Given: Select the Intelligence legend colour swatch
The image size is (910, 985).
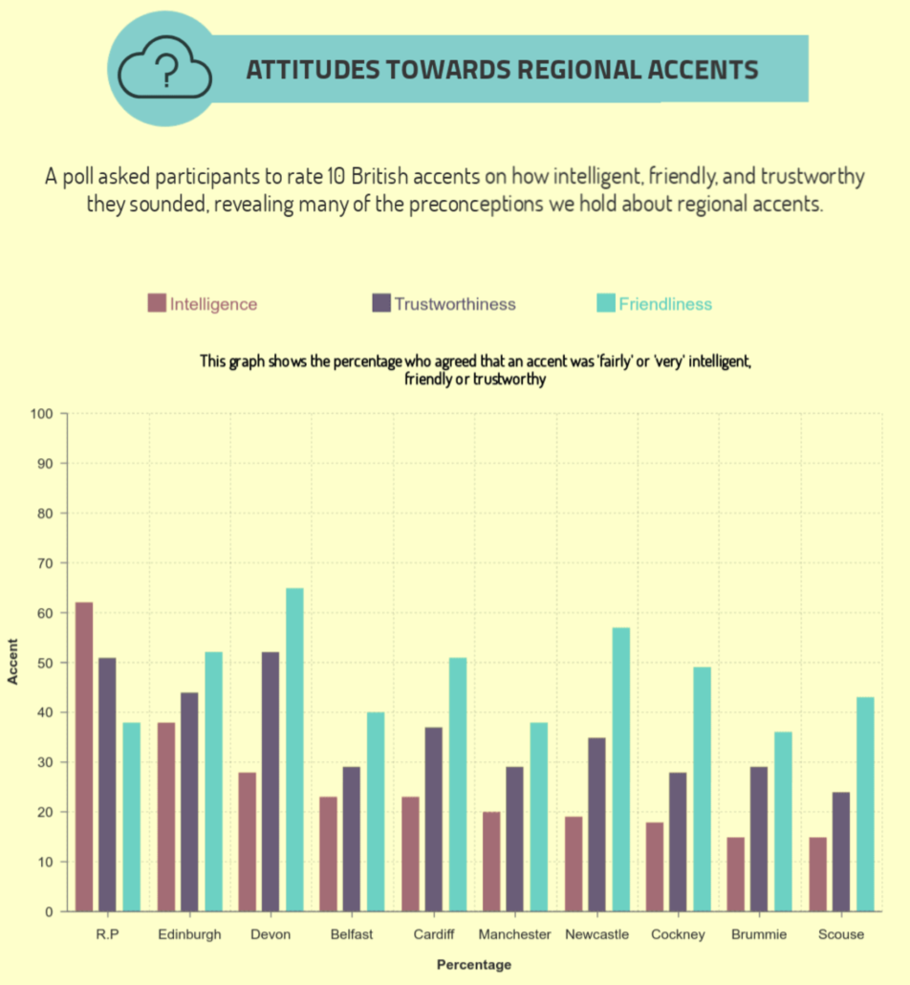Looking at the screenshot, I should pyautogui.click(x=157, y=304).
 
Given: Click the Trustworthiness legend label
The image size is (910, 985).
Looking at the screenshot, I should pyautogui.click(x=454, y=304).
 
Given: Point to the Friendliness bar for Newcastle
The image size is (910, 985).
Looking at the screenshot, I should pyautogui.click(x=620, y=769).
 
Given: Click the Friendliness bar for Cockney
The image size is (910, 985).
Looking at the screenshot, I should pyautogui.click(x=702, y=789).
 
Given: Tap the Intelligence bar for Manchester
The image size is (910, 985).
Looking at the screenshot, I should pyautogui.click(x=491, y=862).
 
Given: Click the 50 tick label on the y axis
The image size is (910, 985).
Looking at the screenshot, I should pyautogui.click(x=45, y=663).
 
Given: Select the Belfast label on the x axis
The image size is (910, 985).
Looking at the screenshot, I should pyautogui.click(x=352, y=934).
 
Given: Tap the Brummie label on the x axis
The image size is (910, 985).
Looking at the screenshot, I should pyautogui.click(x=760, y=934).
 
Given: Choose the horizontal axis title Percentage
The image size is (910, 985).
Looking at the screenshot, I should pyautogui.click(x=473, y=964).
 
